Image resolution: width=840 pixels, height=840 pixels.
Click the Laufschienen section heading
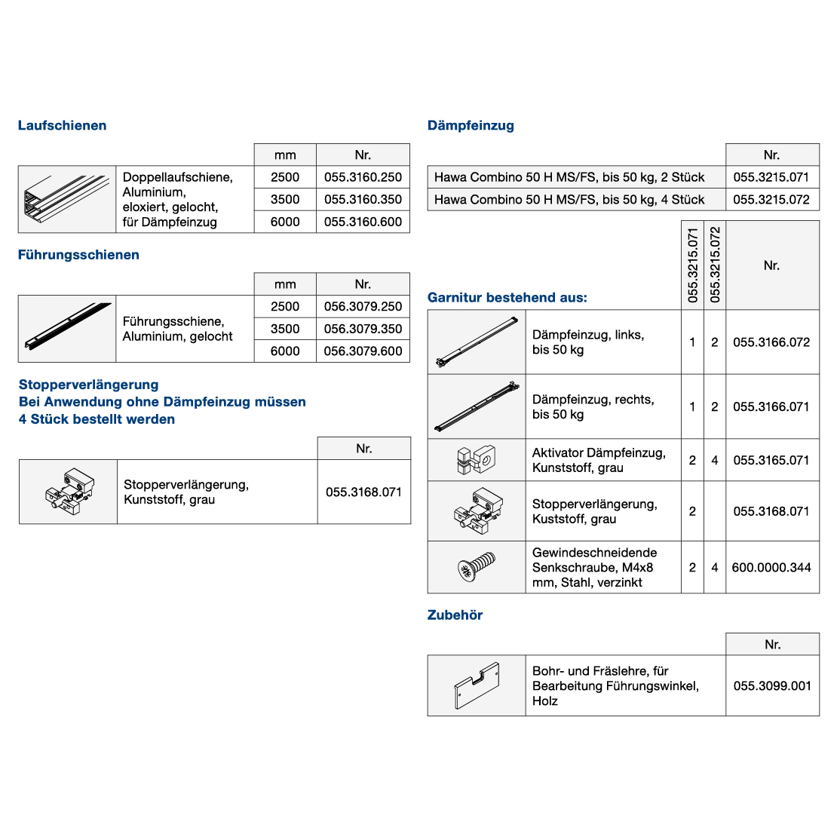[62, 126]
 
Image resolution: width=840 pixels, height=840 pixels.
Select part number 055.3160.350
[363, 200]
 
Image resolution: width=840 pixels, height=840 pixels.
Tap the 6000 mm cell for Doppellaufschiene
[285, 222]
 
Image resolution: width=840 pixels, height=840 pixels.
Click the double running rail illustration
[67, 200]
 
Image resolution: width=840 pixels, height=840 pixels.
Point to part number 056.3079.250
[363, 307]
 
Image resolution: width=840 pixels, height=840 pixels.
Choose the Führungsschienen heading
[78, 255]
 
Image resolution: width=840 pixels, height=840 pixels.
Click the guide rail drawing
[67, 329]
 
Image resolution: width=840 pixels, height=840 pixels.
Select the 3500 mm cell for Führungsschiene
[285, 329]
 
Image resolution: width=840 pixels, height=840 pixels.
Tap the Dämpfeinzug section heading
[471, 126]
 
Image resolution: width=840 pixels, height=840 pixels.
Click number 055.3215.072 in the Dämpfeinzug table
[771, 200]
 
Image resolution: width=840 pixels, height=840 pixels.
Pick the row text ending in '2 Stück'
[569, 177]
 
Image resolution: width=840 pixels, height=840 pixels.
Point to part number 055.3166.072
[771, 342]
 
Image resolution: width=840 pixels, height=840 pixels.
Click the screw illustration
[477, 567]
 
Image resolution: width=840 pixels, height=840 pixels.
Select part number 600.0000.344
[771, 568]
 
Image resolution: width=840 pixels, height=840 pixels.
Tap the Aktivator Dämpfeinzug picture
[476, 460]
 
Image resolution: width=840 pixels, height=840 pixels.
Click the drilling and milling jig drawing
[477, 685]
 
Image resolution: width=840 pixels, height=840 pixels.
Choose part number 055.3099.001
[772, 686]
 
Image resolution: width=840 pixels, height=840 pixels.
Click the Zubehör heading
[455, 615]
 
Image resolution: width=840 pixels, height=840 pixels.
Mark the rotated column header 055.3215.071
[693, 265]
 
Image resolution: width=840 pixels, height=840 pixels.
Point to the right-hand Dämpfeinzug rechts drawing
[477, 407]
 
